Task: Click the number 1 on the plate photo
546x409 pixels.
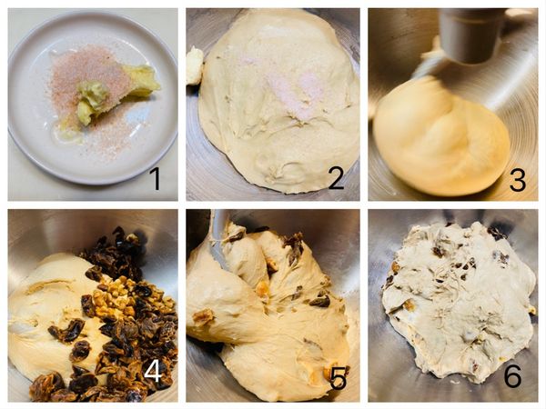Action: pos(156,179)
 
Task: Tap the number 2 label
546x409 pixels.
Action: pos(336,178)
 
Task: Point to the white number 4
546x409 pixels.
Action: pos(153,373)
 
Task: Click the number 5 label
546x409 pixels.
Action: pos(339,378)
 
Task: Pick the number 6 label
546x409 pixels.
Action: pos(513,375)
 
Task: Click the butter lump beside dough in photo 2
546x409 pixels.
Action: pos(195,66)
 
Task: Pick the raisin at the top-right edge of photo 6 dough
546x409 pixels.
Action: pos(497,233)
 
